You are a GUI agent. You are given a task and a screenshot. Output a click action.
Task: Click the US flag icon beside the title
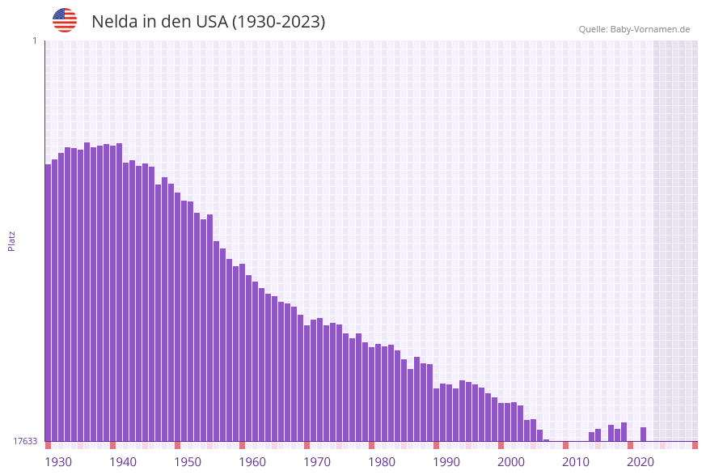click(65, 20)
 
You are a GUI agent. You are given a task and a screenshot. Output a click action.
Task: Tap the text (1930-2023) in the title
click(278, 22)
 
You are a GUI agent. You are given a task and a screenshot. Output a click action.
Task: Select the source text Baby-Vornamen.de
click(650, 29)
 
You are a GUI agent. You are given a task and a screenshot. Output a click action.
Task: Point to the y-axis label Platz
click(12, 240)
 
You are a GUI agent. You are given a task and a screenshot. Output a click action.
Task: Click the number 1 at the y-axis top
click(34, 40)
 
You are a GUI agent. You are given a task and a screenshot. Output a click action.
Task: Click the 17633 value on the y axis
click(25, 441)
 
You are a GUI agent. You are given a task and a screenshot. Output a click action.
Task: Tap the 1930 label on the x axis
click(58, 462)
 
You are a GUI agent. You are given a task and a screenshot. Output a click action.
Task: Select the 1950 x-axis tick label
click(188, 462)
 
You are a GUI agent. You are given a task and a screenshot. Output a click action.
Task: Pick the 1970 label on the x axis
click(317, 462)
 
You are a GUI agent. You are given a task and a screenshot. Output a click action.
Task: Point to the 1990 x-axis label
click(446, 462)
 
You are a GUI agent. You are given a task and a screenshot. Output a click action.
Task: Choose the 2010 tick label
click(576, 462)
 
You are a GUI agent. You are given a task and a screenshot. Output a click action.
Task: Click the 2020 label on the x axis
click(640, 462)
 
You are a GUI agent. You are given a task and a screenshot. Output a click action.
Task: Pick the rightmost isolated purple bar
click(644, 434)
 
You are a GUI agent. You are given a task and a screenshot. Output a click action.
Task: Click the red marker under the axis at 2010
click(566, 445)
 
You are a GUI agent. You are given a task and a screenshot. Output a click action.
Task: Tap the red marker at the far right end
click(695, 445)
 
